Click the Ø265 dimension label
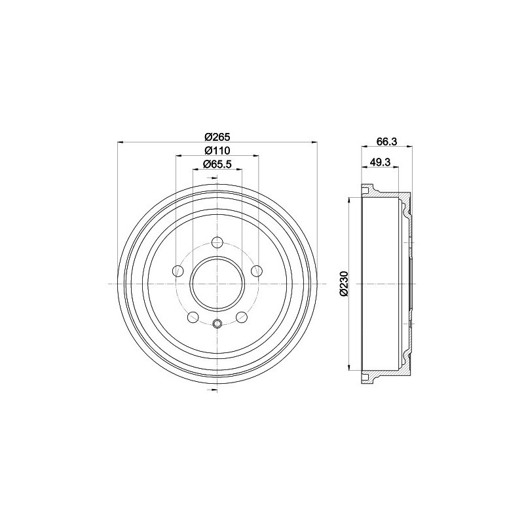coord(217,137)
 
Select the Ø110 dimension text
coord(217,151)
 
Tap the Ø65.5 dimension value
coord(217,164)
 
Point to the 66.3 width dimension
coord(386,141)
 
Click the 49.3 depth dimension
coord(381,162)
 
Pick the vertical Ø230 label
coord(345,284)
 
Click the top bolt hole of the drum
coord(217,242)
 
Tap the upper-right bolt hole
coord(257,271)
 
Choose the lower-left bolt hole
coord(193,317)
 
